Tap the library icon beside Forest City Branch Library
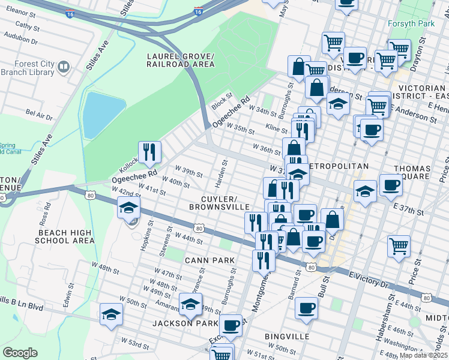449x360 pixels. pos(64,65)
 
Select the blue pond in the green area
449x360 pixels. pos(104,114)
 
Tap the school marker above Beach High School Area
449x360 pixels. pos(128,208)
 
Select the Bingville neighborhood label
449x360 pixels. pos(287,337)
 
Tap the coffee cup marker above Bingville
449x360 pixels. pos(306,308)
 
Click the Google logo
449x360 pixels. pos(20,353)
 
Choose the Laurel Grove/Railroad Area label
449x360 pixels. pos(181,60)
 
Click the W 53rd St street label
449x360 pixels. pos(136,344)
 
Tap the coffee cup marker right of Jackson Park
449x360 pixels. pos(231,325)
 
